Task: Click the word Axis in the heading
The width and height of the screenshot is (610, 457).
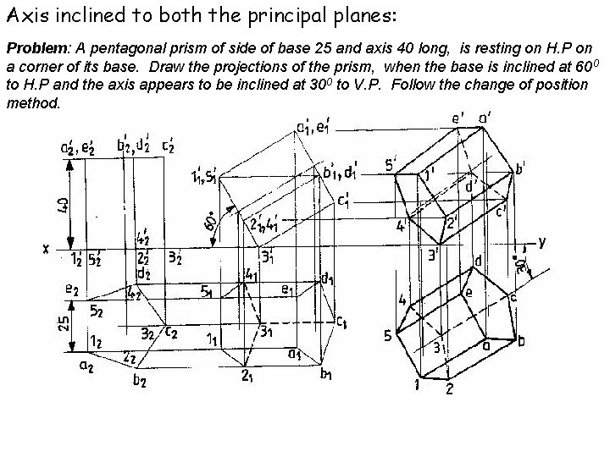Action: click(x=24, y=15)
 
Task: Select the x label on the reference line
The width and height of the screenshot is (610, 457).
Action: click(x=47, y=248)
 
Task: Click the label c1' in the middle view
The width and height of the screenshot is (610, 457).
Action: click(x=345, y=203)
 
